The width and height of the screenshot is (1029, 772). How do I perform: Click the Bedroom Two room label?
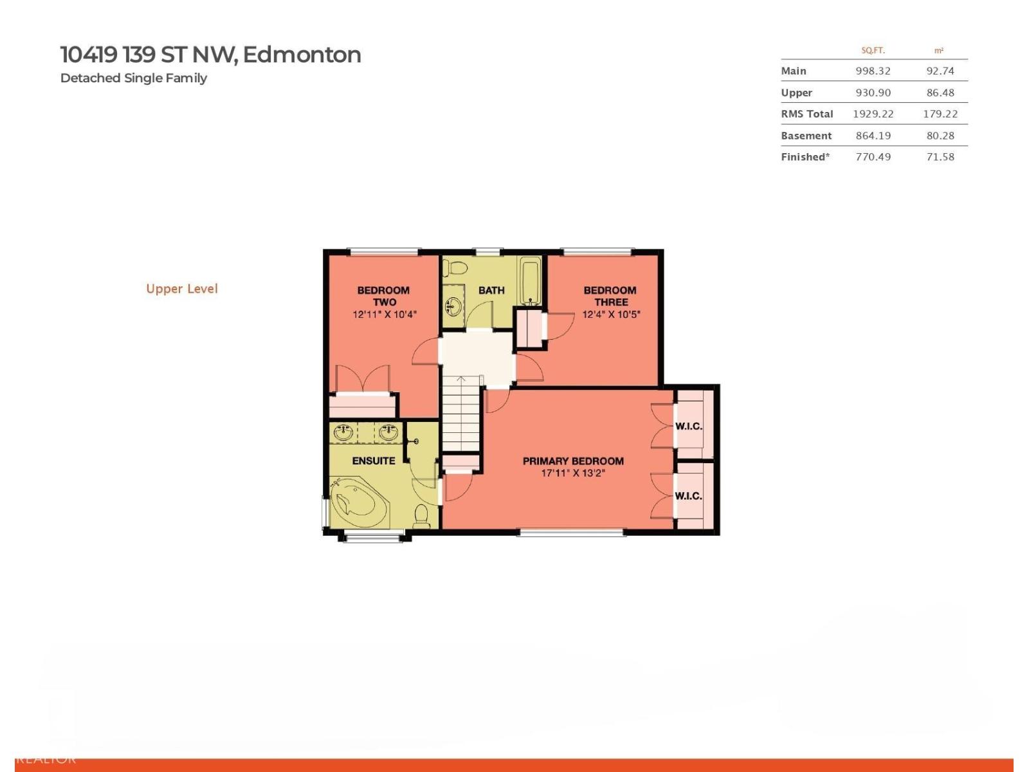pos(383,296)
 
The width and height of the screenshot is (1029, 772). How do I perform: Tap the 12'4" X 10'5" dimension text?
pos(611,315)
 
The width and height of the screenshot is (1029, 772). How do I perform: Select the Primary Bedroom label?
pos(573,461)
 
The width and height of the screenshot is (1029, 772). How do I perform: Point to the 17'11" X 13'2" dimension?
pos(573,473)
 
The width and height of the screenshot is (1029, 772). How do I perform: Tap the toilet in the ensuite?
pos(422,516)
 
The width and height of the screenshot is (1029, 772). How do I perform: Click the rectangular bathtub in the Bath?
pos(531,281)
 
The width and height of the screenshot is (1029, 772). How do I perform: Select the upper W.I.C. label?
pos(688,426)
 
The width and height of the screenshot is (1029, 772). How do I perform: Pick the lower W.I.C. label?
pos(688,496)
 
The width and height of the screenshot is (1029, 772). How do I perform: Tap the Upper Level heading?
pos(182,289)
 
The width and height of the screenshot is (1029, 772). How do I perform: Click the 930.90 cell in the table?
pos(873,93)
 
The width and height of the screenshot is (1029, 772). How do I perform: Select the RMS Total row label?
pos(806,114)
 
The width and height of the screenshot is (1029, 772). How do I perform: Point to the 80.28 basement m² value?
pos(940,136)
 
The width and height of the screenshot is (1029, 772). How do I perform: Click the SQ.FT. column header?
pos(873,50)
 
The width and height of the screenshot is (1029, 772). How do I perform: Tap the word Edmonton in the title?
pos(302,55)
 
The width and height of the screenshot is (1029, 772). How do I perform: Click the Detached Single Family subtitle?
pos(134,78)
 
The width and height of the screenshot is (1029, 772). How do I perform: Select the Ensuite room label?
pos(374,461)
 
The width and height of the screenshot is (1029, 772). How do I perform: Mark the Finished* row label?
pos(805,157)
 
